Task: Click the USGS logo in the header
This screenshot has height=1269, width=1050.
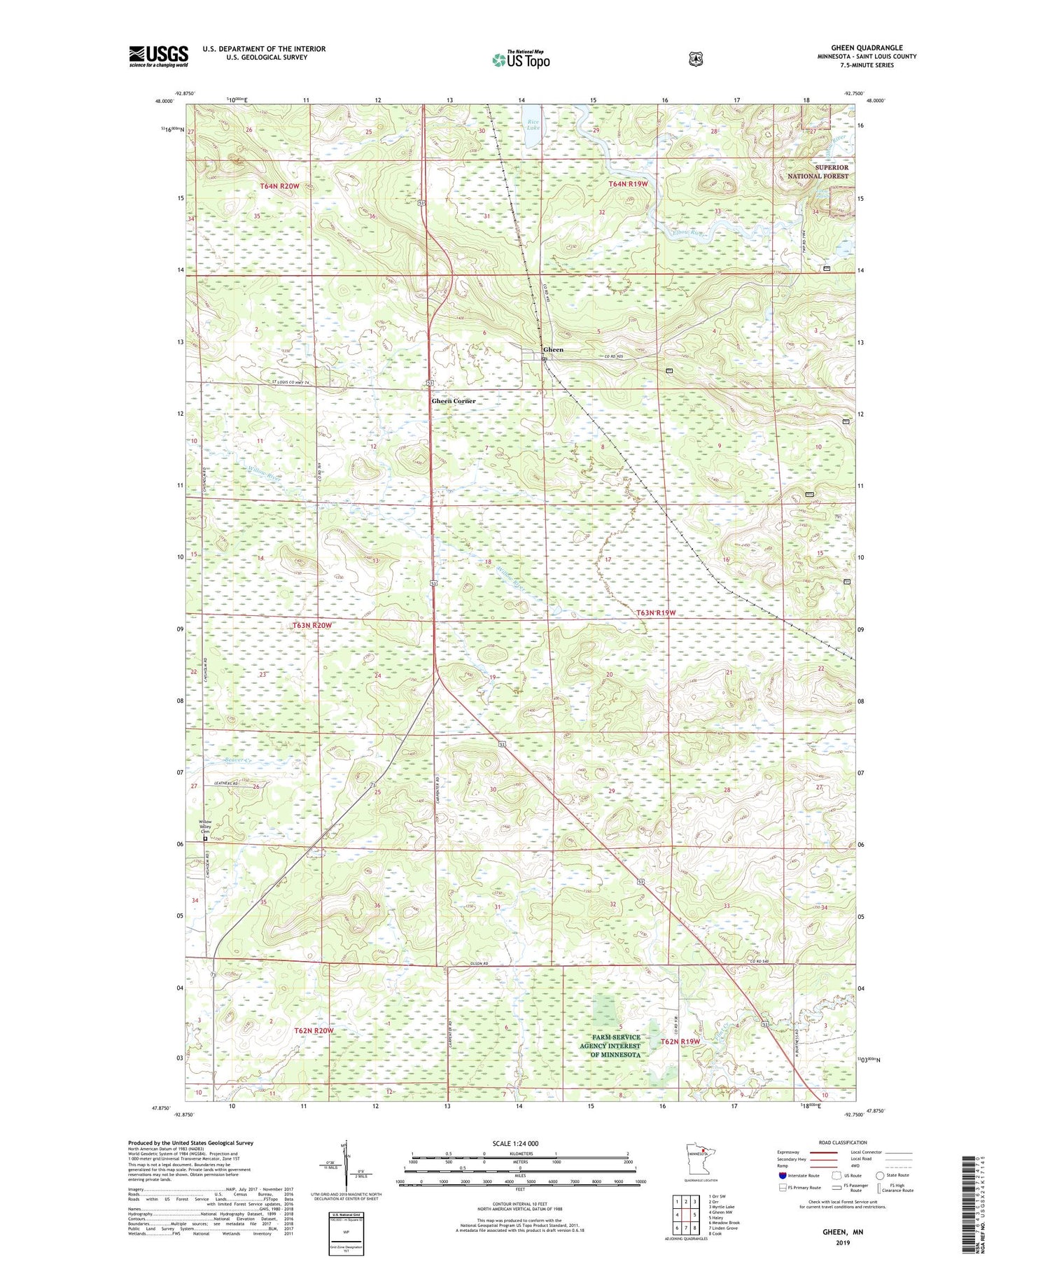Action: [x=158, y=56]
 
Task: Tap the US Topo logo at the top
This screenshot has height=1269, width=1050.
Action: [x=521, y=59]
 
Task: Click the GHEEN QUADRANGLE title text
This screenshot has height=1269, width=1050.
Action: [x=866, y=48]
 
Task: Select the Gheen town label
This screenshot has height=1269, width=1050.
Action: [x=553, y=349]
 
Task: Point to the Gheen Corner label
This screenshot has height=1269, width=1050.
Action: [x=454, y=401]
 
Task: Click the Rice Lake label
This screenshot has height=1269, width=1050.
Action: [x=534, y=125]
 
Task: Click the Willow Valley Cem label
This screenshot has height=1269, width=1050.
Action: [x=205, y=826]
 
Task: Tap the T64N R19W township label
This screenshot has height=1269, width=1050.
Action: [x=628, y=183]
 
